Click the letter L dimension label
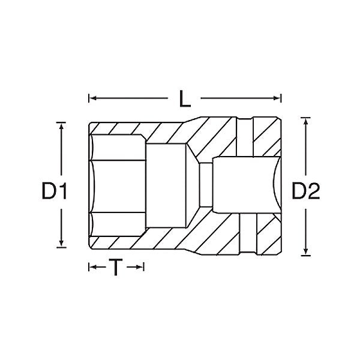click(185, 98)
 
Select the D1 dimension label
click(55, 191)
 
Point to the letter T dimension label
click(116, 267)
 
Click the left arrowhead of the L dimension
click(92, 98)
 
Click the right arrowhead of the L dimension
click(277, 98)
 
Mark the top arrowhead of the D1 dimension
click(61, 126)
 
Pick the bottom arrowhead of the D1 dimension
click(61, 244)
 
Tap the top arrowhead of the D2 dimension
click(305, 121)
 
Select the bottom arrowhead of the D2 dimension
click(305, 251)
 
